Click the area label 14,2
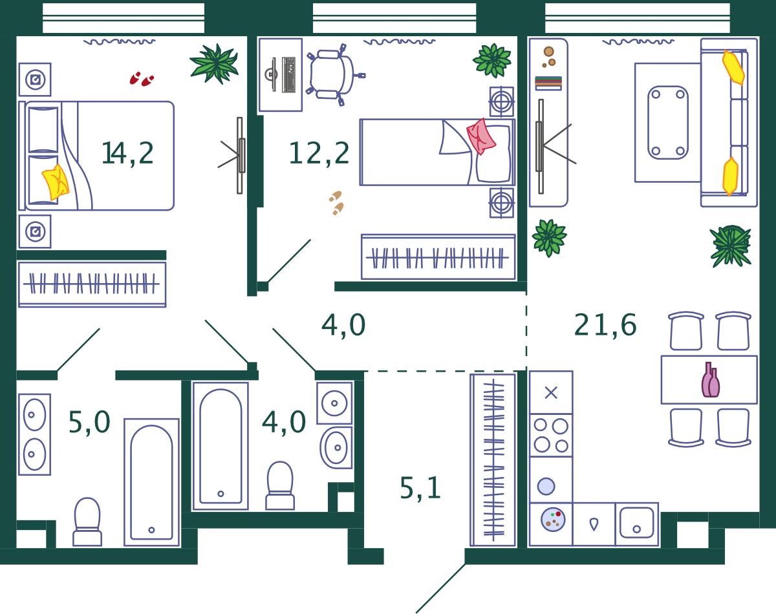[x=128, y=154]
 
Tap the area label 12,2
[x=319, y=154]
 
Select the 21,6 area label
[x=605, y=325]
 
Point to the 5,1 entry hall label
[x=420, y=489]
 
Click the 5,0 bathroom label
[x=89, y=423]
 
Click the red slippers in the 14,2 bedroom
[x=142, y=79]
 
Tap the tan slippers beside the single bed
[x=336, y=203]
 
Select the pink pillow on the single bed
[x=481, y=136]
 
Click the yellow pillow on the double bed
[x=56, y=182]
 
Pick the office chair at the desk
[x=334, y=75]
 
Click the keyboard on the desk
[x=288, y=74]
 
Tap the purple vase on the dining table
[x=711, y=380]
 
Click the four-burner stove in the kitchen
[x=550, y=436]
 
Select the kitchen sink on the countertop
[x=636, y=523]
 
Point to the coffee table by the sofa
[x=668, y=123]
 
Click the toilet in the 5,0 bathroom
[x=87, y=522]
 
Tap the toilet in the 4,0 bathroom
[x=280, y=485]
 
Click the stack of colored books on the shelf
[x=548, y=83]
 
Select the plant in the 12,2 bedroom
[x=492, y=61]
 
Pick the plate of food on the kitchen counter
[x=553, y=520]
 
